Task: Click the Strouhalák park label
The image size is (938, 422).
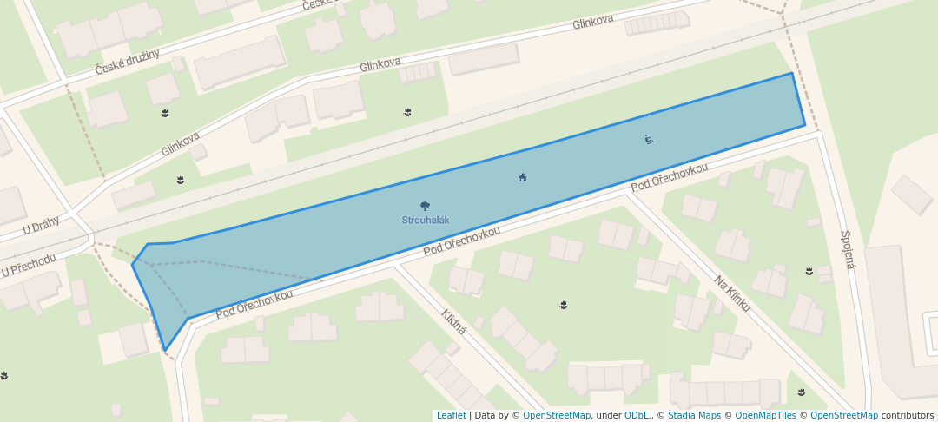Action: coord(425,221)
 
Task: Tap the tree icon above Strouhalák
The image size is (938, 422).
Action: coord(425,207)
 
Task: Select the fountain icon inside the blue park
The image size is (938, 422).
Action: coord(522,178)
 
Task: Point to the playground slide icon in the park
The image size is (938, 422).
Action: coord(649,139)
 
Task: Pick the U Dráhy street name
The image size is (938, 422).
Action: coord(41,227)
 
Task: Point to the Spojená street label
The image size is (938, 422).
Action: coord(849,249)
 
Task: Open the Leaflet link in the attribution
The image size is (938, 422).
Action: coord(451,415)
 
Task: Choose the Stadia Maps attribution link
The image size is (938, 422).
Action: coord(695,415)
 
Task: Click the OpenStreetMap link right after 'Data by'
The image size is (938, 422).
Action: coord(557,415)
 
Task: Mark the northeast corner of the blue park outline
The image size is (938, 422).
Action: coord(791,74)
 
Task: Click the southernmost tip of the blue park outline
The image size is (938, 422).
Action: coord(165,351)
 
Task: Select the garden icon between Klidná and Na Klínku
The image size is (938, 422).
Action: coord(565,305)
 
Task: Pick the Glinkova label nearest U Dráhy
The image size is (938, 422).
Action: coord(180,144)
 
